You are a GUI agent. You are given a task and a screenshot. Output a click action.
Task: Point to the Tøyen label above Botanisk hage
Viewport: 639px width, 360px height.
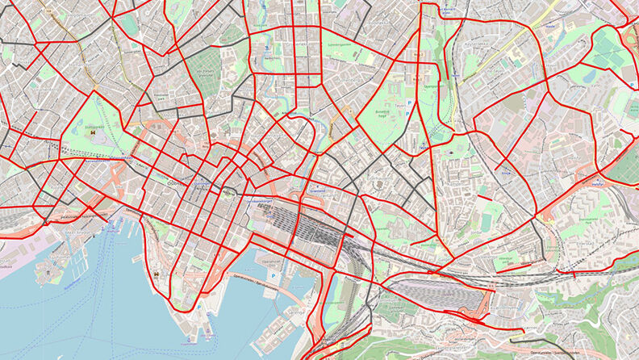(397, 103)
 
